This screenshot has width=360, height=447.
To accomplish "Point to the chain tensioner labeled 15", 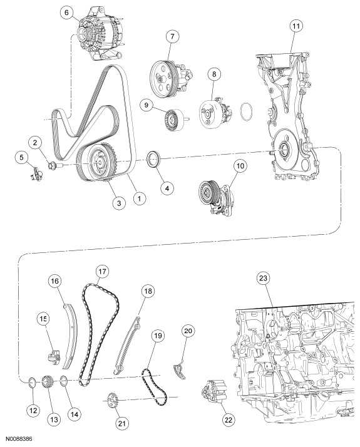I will (51, 358).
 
